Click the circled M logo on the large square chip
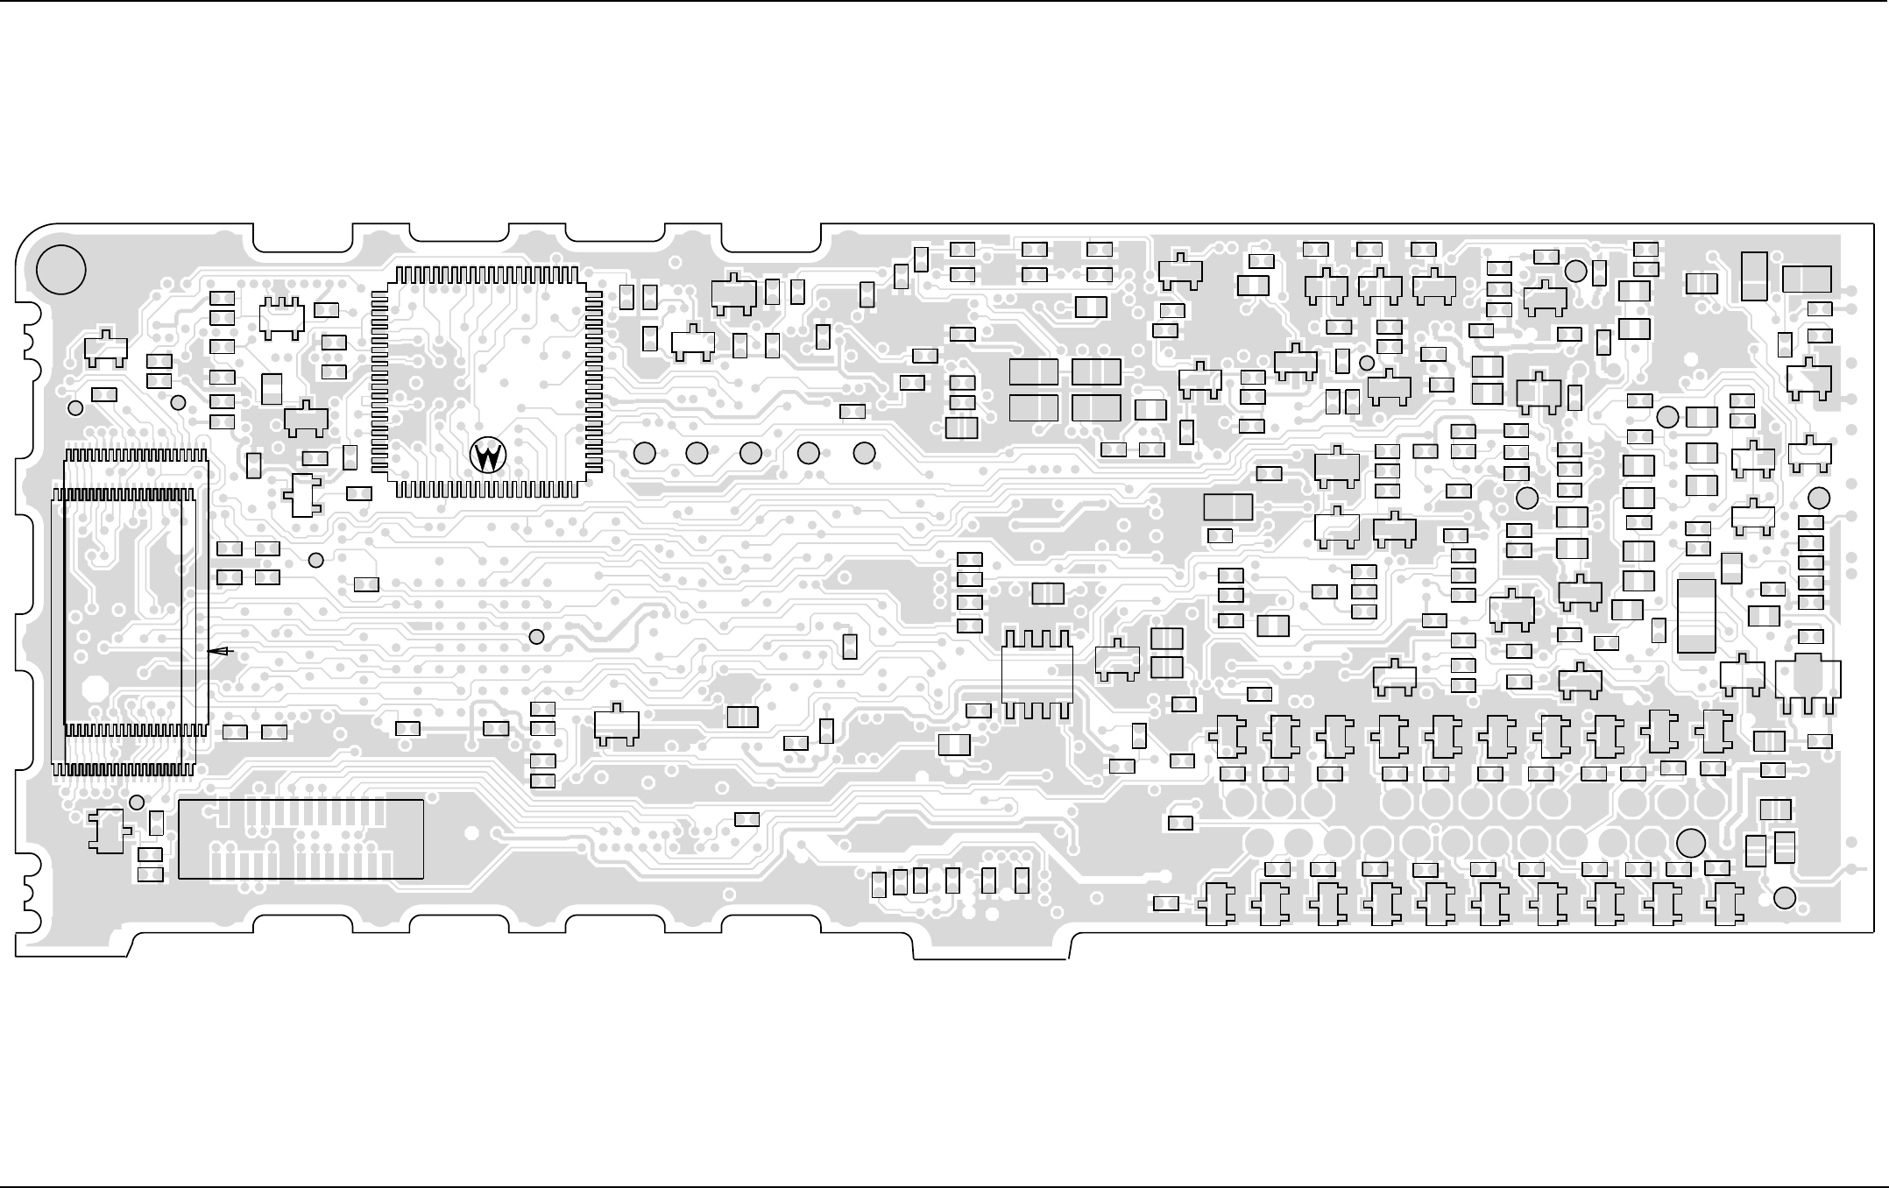click(x=488, y=456)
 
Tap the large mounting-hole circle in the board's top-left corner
click(x=61, y=270)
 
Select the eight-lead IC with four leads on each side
click(x=1037, y=675)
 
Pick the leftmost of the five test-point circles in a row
click(x=644, y=454)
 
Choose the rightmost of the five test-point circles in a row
click(x=864, y=454)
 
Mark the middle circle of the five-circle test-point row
click(x=751, y=454)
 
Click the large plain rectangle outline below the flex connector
click(x=301, y=838)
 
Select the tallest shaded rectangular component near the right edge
click(x=1696, y=616)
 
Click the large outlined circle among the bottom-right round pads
click(x=1691, y=843)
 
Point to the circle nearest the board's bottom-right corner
click(x=1785, y=898)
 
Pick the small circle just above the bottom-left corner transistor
click(x=137, y=803)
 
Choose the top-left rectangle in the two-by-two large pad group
click(x=1034, y=372)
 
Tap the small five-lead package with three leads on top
click(x=281, y=319)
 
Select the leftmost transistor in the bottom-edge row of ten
click(x=1217, y=904)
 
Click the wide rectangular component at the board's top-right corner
click(x=1807, y=279)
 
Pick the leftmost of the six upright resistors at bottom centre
click(x=880, y=885)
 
